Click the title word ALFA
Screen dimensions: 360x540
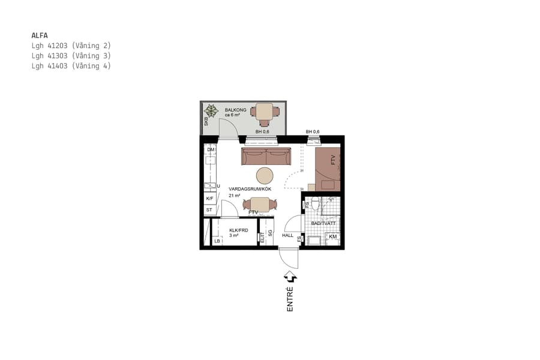point(40,35)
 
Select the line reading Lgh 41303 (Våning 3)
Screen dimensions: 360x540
point(71,56)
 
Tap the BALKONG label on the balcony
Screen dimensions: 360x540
point(236,110)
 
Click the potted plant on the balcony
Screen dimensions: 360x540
point(211,110)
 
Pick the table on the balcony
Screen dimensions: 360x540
point(265,111)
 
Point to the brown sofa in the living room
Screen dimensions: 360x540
point(266,157)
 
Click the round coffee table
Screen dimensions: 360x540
point(265,175)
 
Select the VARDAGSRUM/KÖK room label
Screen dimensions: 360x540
point(250,188)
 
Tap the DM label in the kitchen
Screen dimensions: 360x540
point(211,149)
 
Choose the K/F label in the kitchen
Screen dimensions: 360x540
point(210,199)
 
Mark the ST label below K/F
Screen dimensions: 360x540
point(209,210)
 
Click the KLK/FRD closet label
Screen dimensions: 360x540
point(238,230)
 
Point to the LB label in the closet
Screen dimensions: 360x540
point(217,241)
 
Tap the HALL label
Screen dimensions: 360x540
point(287,235)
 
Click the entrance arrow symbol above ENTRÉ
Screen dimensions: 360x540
point(291,277)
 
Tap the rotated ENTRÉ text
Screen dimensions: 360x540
point(290,299)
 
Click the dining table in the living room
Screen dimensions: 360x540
point(260,204)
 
